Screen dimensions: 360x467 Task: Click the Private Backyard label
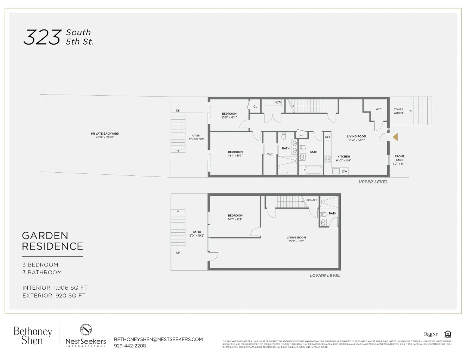tap(105, 134)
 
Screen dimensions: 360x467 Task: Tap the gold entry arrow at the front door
tap(395, 137)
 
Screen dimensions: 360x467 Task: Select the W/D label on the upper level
tap(278, 103)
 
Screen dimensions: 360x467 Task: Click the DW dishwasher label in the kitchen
tap(345, 172)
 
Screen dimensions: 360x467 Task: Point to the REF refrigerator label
tap(328, 137)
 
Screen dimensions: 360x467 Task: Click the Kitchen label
tap(344, 157)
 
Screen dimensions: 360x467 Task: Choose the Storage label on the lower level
tap(311, 200)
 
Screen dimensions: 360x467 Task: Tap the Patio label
tap(197, 232)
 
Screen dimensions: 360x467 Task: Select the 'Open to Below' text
tap(196, 137)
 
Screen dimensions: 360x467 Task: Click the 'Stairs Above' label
tap(399, 111)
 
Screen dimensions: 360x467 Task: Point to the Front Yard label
tap(399, 158)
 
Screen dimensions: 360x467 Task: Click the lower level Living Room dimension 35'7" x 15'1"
tap(296, 242)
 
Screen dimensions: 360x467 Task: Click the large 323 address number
tap(42, 37)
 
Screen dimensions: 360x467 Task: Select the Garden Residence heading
tap(52, 241)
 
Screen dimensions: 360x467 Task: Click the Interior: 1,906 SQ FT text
tap(55, 288)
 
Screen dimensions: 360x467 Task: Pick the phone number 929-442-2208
tap(130, 346)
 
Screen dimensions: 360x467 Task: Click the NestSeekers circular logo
tap(86, 330)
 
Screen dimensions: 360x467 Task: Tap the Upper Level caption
tap(373, 182)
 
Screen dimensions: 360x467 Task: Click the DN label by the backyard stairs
tap(178, 111)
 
